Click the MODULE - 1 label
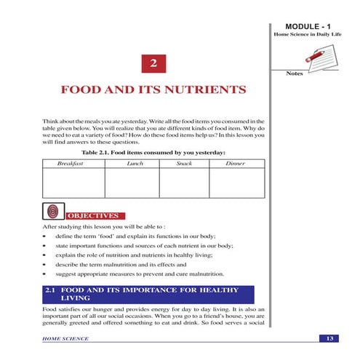point(311,26)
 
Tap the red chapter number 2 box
point(153,63)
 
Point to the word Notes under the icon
point(295,73)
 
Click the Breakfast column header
point(71,164)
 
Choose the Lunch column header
point(135,164)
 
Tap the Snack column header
point(185,164)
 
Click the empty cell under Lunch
point(135,183)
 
